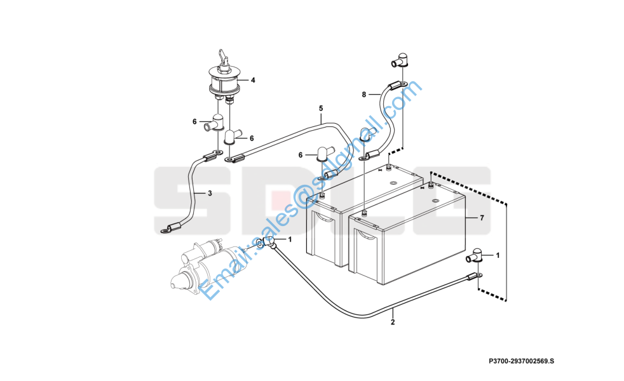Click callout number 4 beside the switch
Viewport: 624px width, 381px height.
tap(252, 81)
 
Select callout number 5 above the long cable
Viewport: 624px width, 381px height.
tap(321, 109)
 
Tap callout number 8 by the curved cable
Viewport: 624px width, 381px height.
tap(363, 95)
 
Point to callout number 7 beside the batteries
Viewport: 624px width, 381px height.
tap(482, 218)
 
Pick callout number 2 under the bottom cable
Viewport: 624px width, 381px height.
tap(393, 322)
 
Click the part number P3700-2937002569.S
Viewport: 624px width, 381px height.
tap(521, 361)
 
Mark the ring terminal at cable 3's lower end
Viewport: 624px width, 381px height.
tap(166, 228)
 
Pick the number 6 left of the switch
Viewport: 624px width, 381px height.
tap(195, 121)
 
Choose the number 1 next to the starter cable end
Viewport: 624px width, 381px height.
tap(290, 239)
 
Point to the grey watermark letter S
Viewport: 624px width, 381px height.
tap(184, 202)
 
